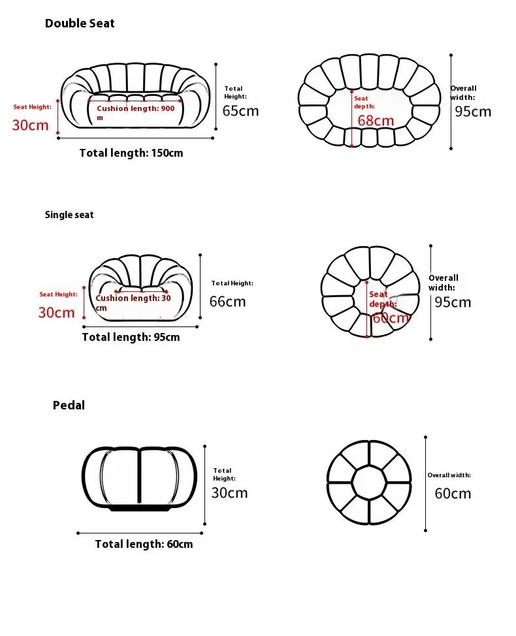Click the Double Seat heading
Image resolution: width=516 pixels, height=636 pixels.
(x=80, y=24)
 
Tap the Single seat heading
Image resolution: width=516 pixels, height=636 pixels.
(x=69, y=215)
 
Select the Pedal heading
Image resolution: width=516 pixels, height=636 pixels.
(x=69, y=405)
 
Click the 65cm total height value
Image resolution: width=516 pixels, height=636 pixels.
(x=240, y=111)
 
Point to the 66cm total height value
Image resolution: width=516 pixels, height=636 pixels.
(x=227, y=302)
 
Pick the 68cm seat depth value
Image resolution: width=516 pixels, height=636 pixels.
(x=376, y=120)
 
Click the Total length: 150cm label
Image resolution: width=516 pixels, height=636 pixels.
(x=131, y=153)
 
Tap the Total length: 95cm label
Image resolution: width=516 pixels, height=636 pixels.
(x=131, y=337)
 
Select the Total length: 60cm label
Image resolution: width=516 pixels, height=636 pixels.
(x=144, y=544)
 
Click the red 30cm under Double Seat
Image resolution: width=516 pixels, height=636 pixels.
(x=31, y=125)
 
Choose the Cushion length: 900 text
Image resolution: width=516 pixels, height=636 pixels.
(x=135, y=108)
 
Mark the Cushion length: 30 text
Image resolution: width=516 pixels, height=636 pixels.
(x=133, y=298)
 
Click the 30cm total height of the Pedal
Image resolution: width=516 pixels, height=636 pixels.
(x=229, y=493)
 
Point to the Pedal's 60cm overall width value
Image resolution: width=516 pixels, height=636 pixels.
(x=453, y=494)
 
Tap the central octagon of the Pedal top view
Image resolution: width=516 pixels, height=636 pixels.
(x=369, y=483)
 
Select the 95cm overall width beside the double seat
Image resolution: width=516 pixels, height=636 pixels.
(x=473, y=112)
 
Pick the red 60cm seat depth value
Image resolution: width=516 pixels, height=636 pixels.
(x=391, y=318)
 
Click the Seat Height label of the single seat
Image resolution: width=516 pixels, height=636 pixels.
(x=58, y=294)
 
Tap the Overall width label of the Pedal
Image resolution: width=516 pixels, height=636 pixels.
(x=449, y=475)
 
